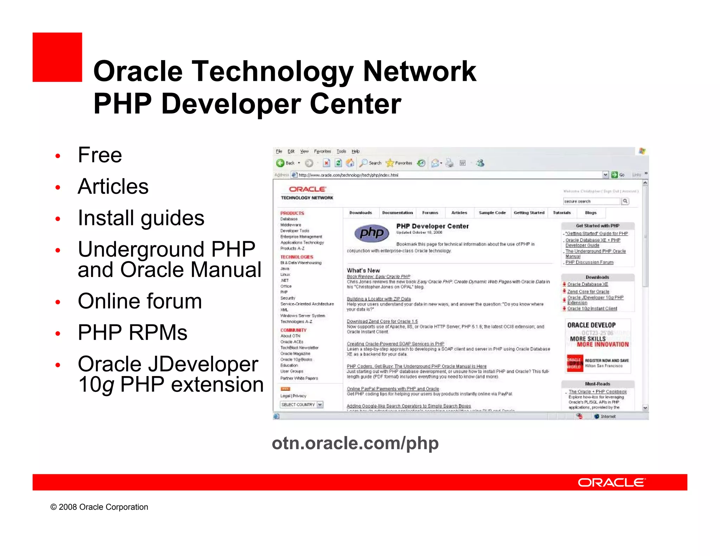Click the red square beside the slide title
[x=57, y=57]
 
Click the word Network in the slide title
[x=419, y=71]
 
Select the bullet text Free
[x=100, y=155]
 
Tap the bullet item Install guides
[x=141, y=218]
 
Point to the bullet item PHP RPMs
[x=133, y=332]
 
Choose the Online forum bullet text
[x=140, y=301]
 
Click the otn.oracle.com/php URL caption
[x=355, y=443]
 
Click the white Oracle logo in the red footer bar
[x=611, y=483]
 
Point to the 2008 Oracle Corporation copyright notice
[x=99, y=507]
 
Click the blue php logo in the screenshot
[x=372, y=233]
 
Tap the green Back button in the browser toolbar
[x=281, y=163]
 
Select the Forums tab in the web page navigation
[x=430, y=213]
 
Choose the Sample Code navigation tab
[x=492, y=213]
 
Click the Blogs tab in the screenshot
[x=591, y=213]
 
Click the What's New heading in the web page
[x=363, y=271]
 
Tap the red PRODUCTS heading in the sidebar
[x=292, y=213]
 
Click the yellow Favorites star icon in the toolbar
[x=390, y=163]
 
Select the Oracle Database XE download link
[x=587, y=284]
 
